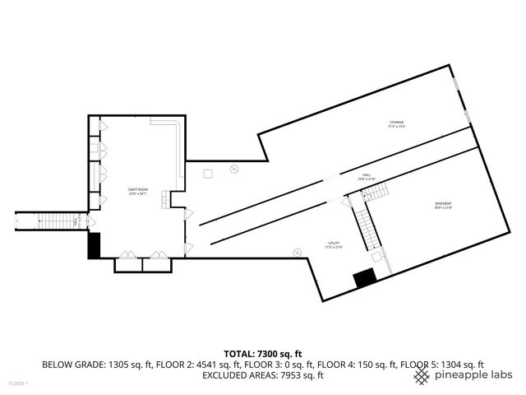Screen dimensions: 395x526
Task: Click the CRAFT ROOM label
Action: (x=136, y=192)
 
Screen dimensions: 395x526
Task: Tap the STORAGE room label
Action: (x=397, y=124)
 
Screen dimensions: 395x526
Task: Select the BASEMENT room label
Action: (x=443, y=205)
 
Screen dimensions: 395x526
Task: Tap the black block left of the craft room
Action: (x=94, y=245)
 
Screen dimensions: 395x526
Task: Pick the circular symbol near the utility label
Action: (x=297, y=252)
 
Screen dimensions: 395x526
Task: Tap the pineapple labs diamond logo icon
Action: (x=422, y=375)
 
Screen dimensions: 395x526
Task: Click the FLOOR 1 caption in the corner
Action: (x=18, y=383)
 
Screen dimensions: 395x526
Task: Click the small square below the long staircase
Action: (x=377, y=257)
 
